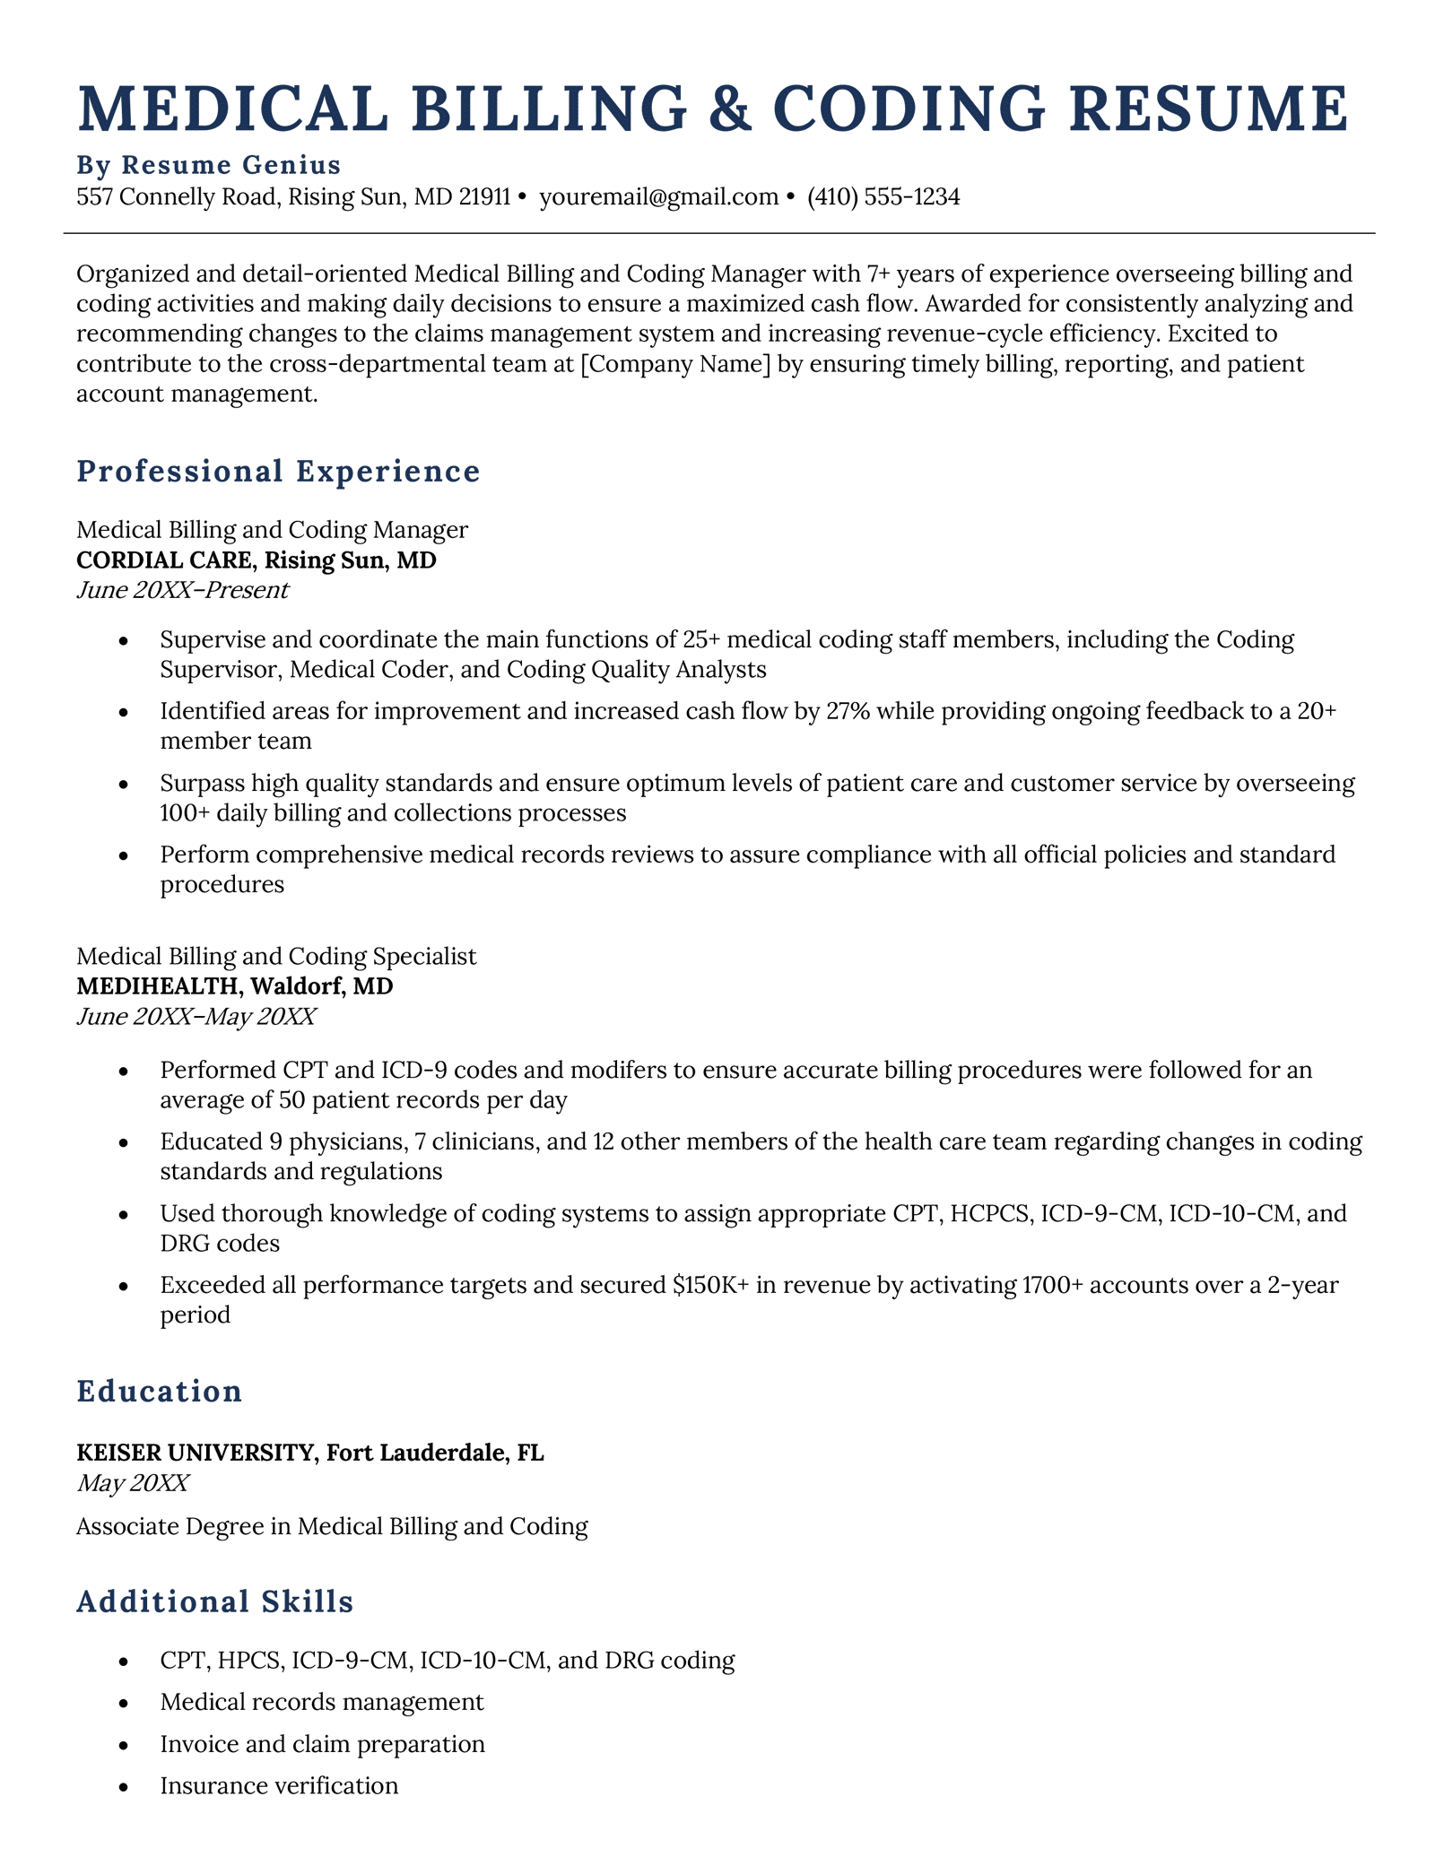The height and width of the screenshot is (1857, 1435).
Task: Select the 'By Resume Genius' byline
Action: point(209,165)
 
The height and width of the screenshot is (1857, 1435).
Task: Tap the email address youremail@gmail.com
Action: point(658,197)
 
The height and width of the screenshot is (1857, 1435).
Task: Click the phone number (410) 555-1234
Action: point(883,197)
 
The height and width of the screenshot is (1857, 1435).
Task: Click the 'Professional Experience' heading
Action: point(279,472)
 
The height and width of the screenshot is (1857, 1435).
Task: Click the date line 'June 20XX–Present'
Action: point(182,590)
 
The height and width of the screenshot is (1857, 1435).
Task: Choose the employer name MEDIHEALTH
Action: point(159,986)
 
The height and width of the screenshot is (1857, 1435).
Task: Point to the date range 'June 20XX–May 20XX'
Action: point(196,1017)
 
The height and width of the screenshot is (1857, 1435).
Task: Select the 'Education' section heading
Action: point(160,1391)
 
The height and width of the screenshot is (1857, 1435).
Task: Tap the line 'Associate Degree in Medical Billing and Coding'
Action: point(332,1526)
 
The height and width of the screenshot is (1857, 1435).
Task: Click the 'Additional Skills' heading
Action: point(215,1601)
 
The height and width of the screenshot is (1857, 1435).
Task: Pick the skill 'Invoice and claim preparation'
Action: point(322,1744)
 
